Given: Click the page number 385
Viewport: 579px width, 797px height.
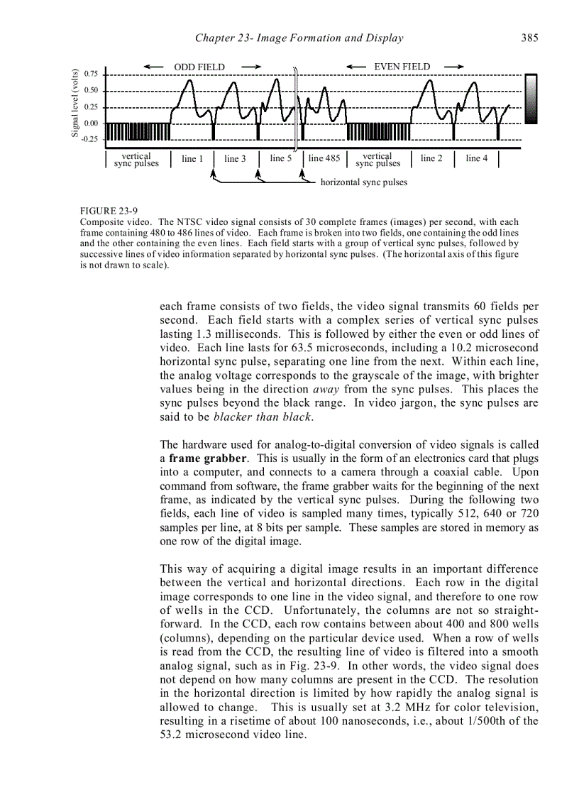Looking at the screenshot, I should tap(529, 38).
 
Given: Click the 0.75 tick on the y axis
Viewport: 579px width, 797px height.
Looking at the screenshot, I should tap(90, 74).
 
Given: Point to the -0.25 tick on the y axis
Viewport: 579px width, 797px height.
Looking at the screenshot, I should tap(89, 139).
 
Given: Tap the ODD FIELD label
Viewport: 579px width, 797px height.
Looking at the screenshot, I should tap(199, 67).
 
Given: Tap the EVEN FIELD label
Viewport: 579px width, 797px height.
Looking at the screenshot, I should tap(402, 67).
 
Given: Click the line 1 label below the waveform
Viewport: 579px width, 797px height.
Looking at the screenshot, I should tap(192, 158).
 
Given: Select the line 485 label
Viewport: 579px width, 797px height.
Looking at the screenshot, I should tap(324, 158).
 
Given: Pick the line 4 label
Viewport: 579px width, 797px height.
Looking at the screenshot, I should tap(477, 158).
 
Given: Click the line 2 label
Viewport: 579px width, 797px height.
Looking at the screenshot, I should tap(431, 158).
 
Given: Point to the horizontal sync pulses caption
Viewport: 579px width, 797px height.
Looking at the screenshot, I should tap(364, 182).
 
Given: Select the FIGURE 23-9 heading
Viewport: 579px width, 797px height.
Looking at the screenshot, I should tap(109, 211).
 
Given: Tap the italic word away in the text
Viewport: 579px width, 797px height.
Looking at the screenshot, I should tap(325, 389).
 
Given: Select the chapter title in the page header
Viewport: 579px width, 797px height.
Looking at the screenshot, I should tap(299, 38).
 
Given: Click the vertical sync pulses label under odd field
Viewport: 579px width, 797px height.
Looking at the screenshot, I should tap(136, 160).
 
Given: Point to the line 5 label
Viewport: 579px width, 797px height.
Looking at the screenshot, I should tap(281, 158).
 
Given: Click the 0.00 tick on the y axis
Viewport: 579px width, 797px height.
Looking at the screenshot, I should tap(90, 123).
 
